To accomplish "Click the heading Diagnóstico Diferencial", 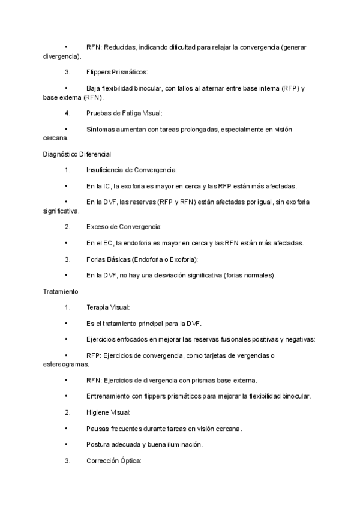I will [77, 154].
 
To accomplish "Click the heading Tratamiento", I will [61, 291].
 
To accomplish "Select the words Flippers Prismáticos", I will [117, 72].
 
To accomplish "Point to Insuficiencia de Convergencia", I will [131, 170].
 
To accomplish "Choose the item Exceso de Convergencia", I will [124, 227].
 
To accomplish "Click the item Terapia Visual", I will [107, 307].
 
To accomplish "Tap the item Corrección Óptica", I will [113, 462].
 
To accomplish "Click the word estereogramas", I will [65, 364].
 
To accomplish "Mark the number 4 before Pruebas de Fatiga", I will [67, 113].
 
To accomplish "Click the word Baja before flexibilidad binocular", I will [94, 88].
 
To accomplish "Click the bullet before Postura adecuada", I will [65, 445].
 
